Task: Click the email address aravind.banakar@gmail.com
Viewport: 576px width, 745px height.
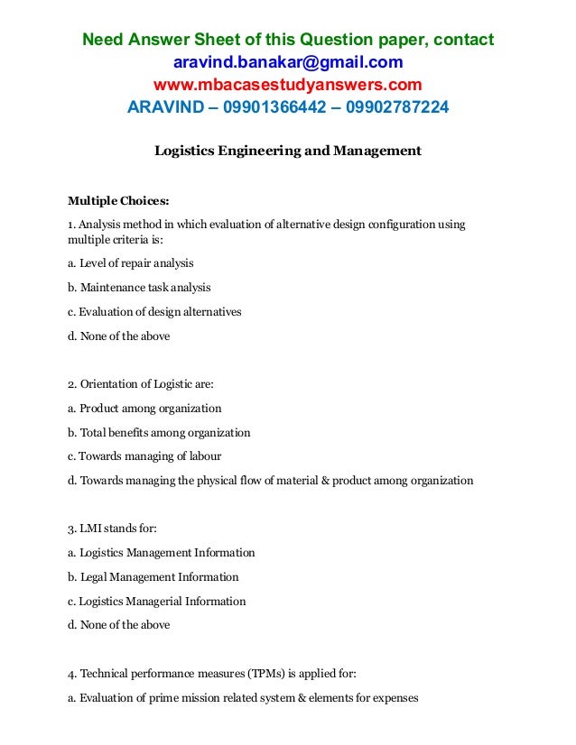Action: pyautogui.click(x=287, y=62)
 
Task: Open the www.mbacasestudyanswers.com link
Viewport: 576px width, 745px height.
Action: pyautogui.click(x=287, y=86)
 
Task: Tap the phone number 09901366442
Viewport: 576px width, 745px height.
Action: pyautogui.click(x=271, y=108)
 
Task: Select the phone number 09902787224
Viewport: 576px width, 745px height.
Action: pyautogui.click(x=394, y=108)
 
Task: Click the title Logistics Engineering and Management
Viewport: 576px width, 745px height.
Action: pyautogui.click(x=288, y=151)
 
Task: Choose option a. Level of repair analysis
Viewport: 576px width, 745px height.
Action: pyautogui.click(x=131, y=263)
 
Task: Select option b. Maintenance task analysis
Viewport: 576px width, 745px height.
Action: pyautogui.click(x=139, y=288)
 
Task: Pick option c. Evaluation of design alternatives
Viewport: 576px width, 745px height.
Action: pyautogui.click(x=154, y=312)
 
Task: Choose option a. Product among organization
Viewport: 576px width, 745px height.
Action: pyautogui.click(x=144, y=408)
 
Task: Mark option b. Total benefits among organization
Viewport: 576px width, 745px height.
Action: pyautogui.click(x=159, y=432)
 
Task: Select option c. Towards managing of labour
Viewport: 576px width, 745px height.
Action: pyautogui.click(x=144, y=455)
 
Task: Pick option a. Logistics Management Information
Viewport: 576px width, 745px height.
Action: pyautogui.click(x=162, y=552)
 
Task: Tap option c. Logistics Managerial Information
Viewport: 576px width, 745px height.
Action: pyautogui.click(x=157, y=601)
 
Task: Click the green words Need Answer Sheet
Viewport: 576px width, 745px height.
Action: pyautogui.click(x=150, y=40)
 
